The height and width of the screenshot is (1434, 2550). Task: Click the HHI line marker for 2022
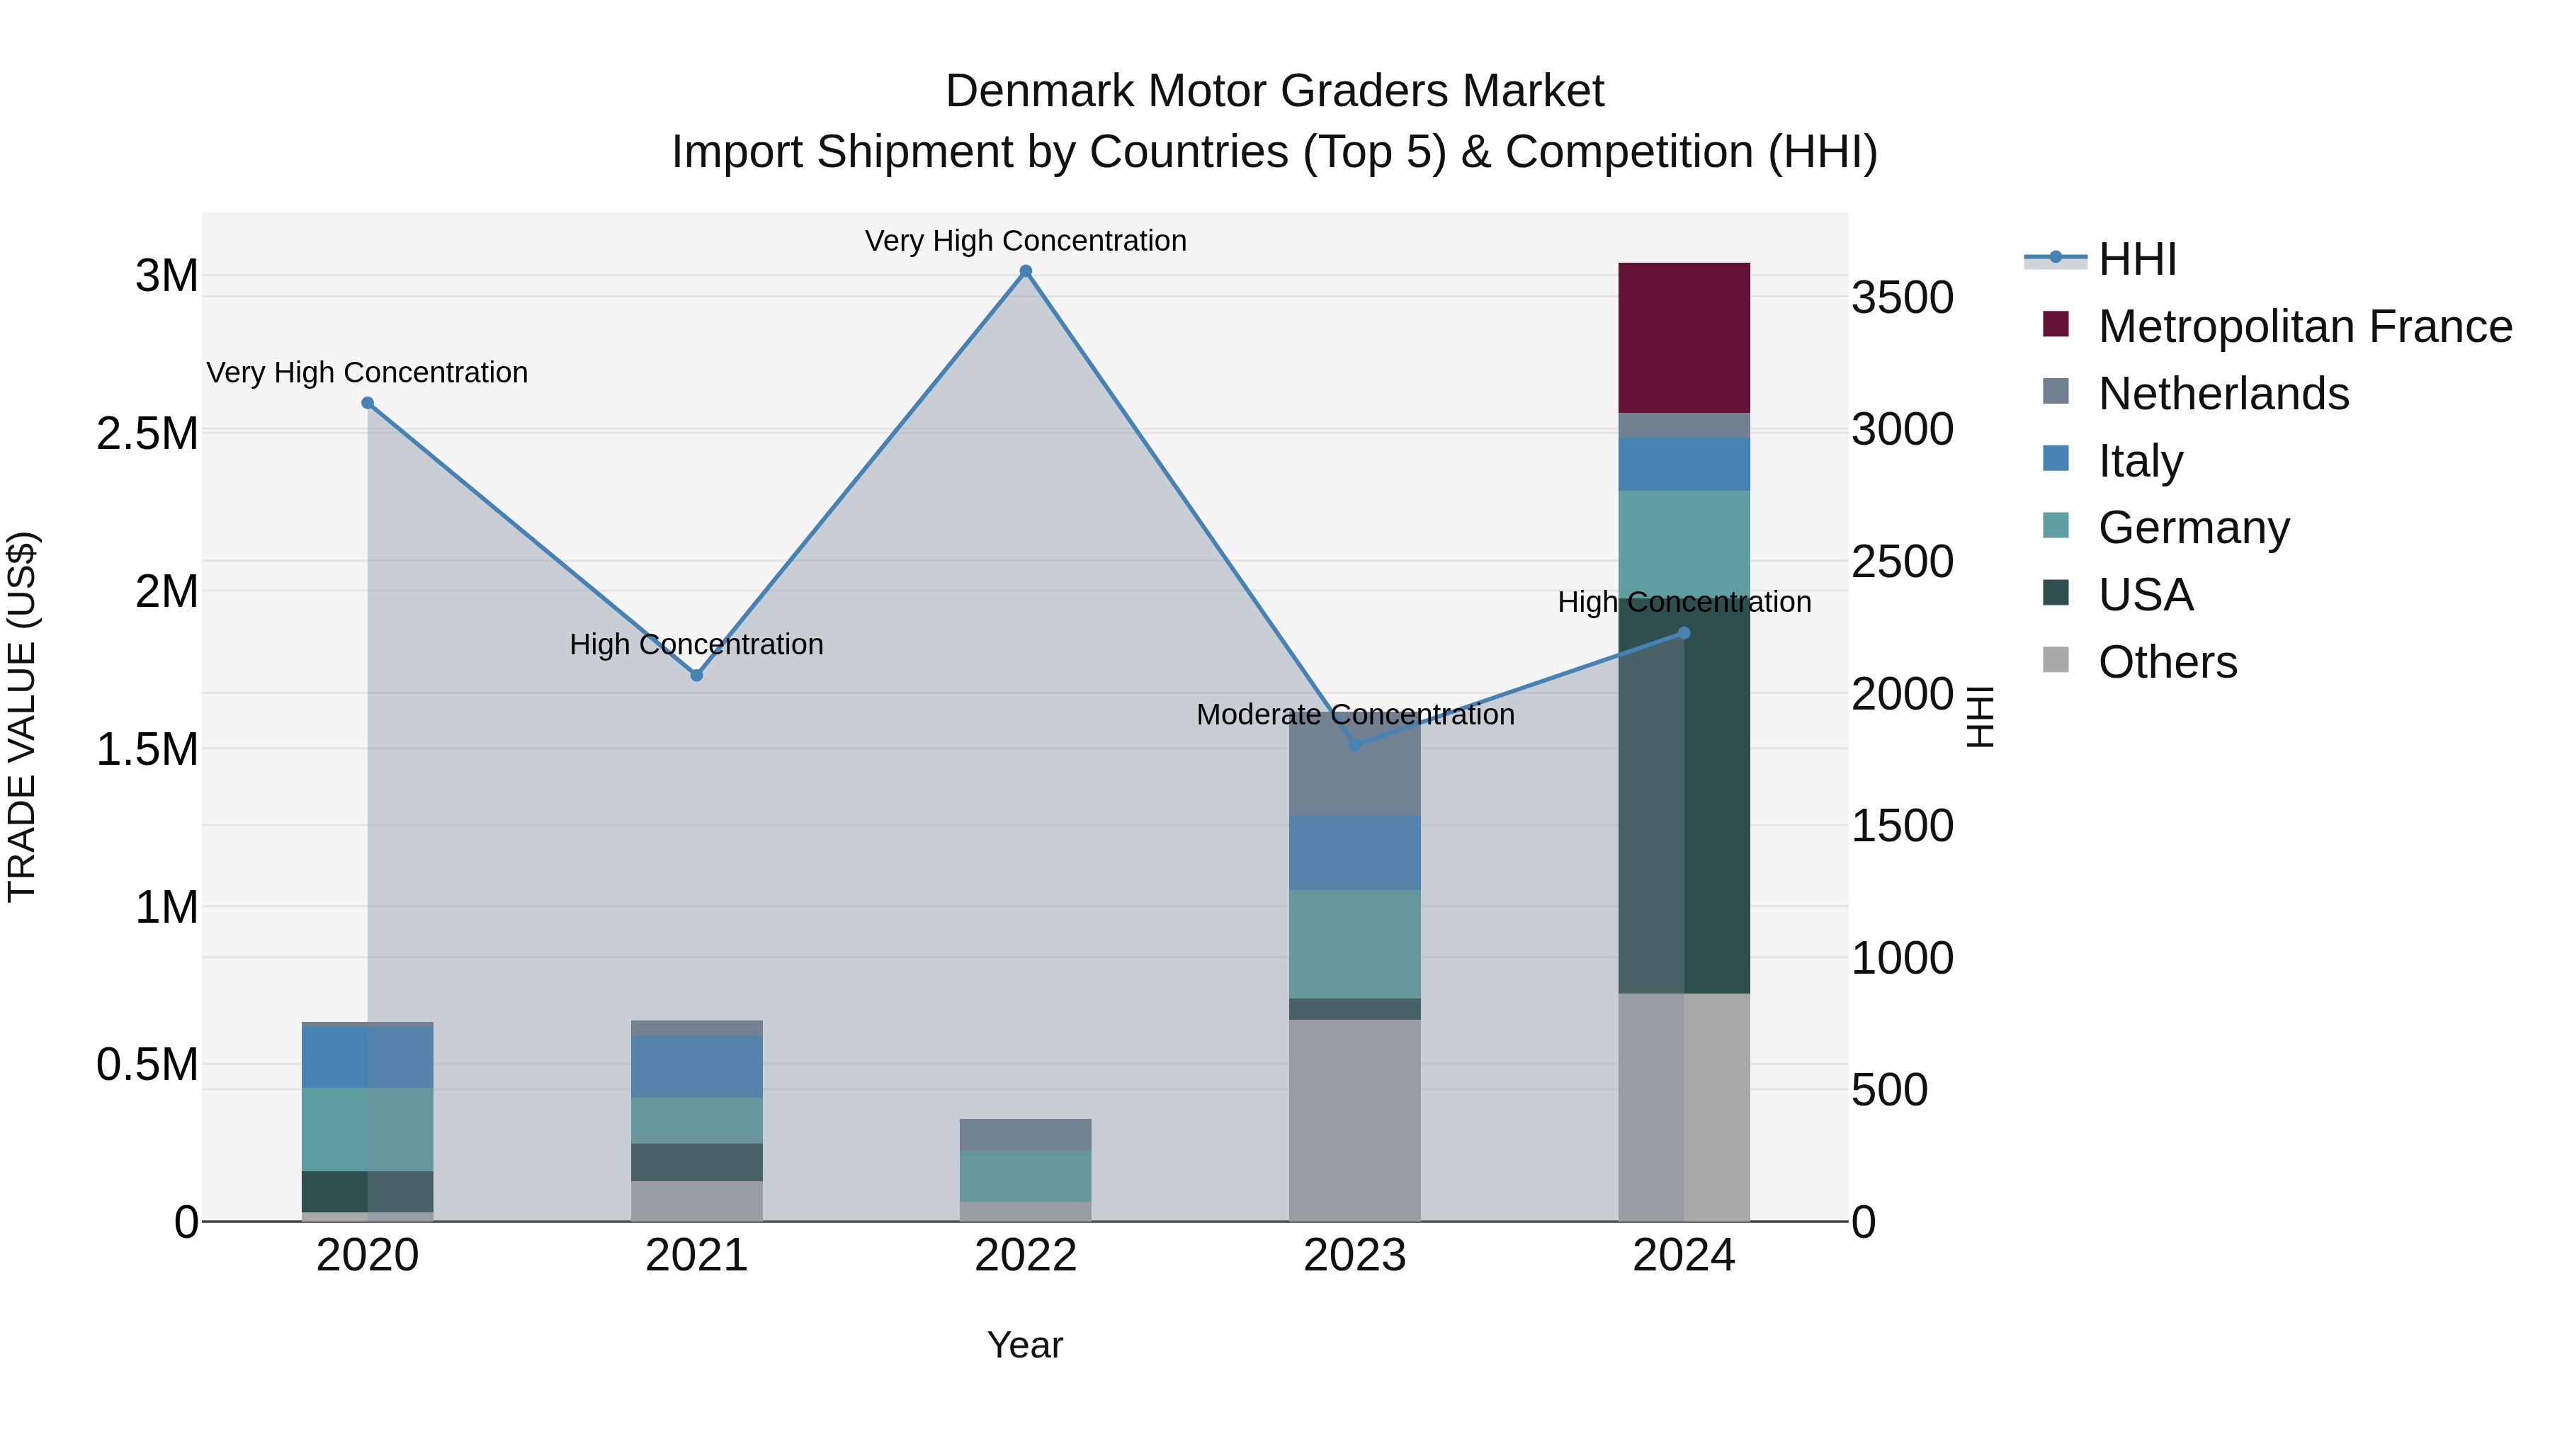[x=1026, y=271]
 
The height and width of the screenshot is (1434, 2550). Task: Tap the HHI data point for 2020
[x=367, y=403]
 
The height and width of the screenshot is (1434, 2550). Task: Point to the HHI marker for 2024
[x=1684, y=633]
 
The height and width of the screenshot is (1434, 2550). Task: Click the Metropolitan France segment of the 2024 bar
[x=1684, y=338]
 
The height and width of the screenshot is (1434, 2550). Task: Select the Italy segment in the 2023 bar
[x=1354, y=852]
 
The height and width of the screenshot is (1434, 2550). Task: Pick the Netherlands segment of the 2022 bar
[x=1026, y=1134]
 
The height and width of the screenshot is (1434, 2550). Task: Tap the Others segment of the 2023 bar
[x=1354, y=1120]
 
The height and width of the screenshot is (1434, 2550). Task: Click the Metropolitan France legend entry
[x=2304, y=326]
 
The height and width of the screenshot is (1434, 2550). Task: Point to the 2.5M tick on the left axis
[x=147, y=433]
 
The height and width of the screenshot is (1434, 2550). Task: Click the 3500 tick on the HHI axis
[x=1902, y=298]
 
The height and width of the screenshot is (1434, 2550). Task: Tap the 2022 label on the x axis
[x=1026, y=1256]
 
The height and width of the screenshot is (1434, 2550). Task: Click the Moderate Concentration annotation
[x=1354, y=715]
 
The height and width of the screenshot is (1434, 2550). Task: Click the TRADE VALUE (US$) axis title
[x=22, y=717]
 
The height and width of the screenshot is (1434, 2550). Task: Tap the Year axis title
[x=1024, y=1345]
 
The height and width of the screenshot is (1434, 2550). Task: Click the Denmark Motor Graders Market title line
[x=1274, y=91]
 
